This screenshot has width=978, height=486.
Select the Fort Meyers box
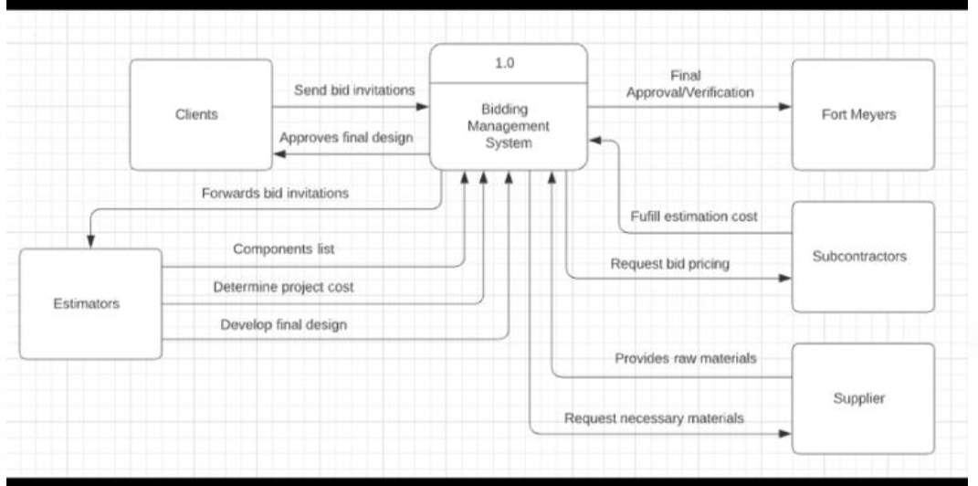(x=863, y=115)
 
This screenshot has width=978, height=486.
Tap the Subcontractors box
(x=863, y=257)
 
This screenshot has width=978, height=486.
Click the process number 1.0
(x=509, y=65)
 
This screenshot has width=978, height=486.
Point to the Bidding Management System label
(x=509, y=126)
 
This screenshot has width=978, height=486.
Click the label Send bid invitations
(x=354, y=90)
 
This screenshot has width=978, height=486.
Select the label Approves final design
(x=346, y=138)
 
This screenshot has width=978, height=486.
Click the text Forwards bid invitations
(x=275, y=193)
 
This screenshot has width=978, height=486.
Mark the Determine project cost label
(x=283, y=287)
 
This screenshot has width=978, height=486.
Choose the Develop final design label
(x=283, y=324)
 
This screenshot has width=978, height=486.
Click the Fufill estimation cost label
(x=694, y=217)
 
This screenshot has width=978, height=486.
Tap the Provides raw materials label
(x=685, y=358)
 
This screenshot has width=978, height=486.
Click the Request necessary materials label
(x=654, y=418)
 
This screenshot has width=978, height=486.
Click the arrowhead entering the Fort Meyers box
(x=786, y=107)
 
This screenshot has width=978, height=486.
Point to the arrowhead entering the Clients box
(x=279, y=154)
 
